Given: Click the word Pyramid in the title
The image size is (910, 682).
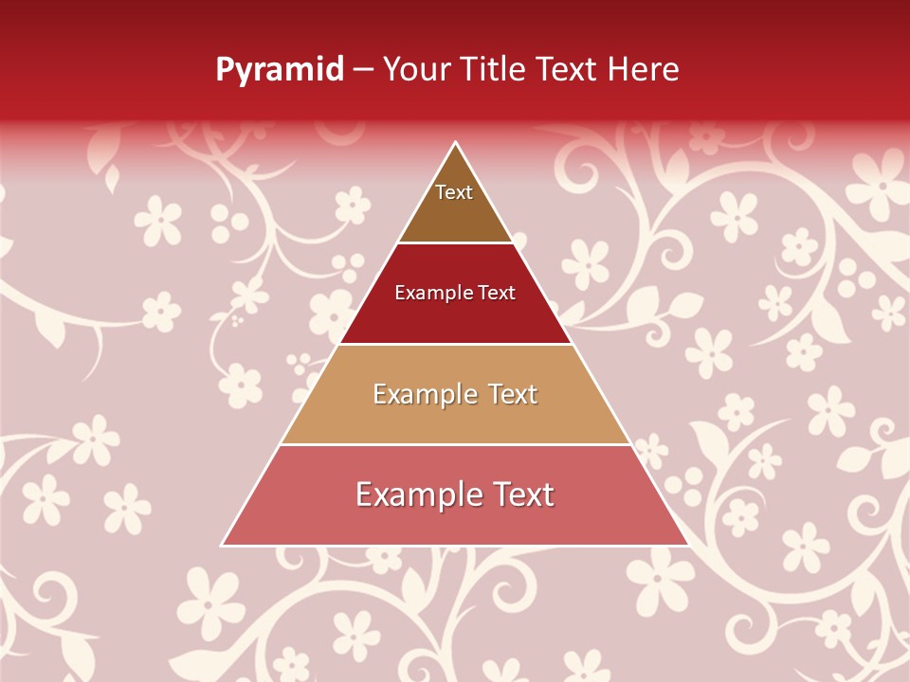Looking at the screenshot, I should pos(280,70).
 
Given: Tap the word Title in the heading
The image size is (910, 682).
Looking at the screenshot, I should pos(495,69).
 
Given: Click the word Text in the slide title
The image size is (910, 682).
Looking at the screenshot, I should pos(568,69).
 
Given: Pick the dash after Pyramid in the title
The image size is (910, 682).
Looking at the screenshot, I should pos(363,70).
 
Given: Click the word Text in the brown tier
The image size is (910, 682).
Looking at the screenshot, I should pos(454,192).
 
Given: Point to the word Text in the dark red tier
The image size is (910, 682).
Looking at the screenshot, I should pos(498,294).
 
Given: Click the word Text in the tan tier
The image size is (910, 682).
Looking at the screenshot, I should pos(513,394).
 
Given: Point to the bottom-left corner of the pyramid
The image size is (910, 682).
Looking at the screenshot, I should pos(223,545).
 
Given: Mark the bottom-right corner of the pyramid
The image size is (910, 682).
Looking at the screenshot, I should pos(687,545).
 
